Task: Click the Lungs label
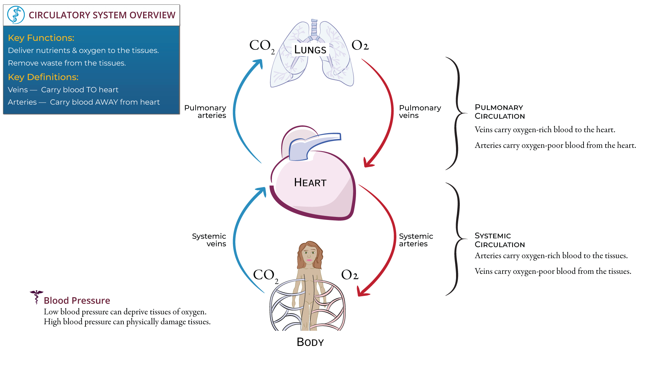pyautogui.click(x=310, y=50)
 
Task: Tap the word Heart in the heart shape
pyautogui.click(x=310, y=183)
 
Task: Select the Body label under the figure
pyautogui.click(x=310, y=342)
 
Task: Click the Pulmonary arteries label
pyautogui.click(x=205, y=111)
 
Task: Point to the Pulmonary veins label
pyautogui.click(x=420, y=111)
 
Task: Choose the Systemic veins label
pyautogui.click(x=209, y=240)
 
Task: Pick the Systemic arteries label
pyautogui.click(x=416, y=240)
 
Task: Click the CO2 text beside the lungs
pyautogui.click(x=262, y=46)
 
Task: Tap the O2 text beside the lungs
pyautogui.click(x=360, y=45)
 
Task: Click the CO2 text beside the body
pyautogui.click(x=265, y=276)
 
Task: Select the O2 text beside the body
pyautogui.click(x=350, y=275)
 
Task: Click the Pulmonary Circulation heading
pyautogui.click(x=499, y=112)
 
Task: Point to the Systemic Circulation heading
pyautogui.click(x=499, y=240)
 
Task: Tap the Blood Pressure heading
pyautogui.click(x=77, y=301)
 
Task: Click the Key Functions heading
pyautogui.click(x=41, y=38)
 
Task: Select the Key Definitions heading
pyautogui.click(x=43, y=77)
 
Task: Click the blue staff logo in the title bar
pyautogui.click(x=16, y=15)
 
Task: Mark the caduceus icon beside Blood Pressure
pyautogui.click(x=36, y=297)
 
